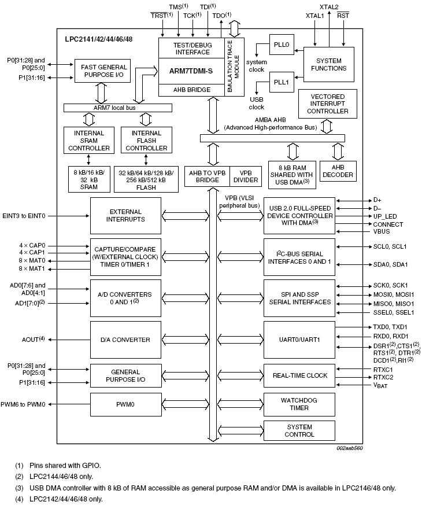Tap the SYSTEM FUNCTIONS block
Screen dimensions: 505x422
328,64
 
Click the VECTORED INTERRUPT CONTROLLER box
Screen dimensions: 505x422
328,104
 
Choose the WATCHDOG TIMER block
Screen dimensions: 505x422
299,404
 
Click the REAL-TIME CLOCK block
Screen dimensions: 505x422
299,375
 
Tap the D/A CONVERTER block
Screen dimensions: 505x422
125,340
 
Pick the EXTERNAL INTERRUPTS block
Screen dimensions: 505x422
125,216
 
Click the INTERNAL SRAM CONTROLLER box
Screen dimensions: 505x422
89,141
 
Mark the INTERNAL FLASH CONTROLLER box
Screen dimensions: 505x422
146,141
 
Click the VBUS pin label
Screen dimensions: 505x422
381,232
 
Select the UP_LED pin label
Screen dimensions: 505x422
384,216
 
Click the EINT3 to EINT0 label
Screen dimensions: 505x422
24,216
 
